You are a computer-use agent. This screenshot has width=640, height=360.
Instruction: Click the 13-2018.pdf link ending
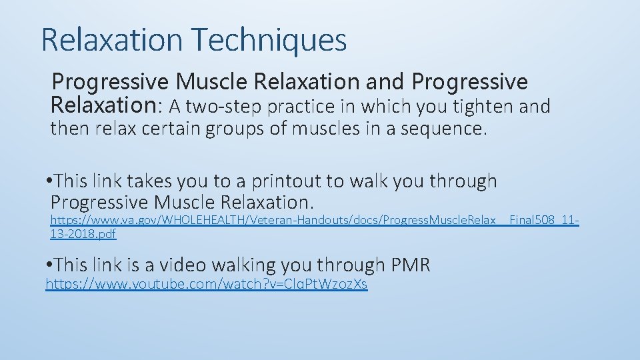[83, 233]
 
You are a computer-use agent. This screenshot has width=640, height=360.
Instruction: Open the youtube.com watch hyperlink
[206, 285]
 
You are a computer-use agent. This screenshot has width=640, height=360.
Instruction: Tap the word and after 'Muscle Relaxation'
[385, 82]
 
